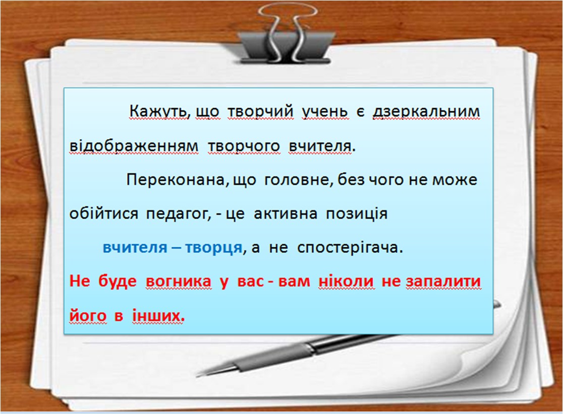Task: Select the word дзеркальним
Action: pyautogui.click(x=426, y=111)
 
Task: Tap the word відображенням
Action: pyautogui.click(x=134, y=146)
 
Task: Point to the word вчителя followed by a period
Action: pyautogui.click(x=322, y=146)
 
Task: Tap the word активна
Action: pyautogui.click(x=286, y=214)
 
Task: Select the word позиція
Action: pyautogui.click(x=357, y=214)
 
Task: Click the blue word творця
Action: pyautogui.click(x=213, y=248)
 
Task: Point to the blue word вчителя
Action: pyautogui.click(x=135, y=248)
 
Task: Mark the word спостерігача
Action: pyautogui.click(x=350, y=248)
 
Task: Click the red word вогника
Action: pyautogui.click(x=179, y=282)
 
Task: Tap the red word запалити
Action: pyautogui.click(x=443, y=282)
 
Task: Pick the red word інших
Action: pyautogui.click(x=158, y=316)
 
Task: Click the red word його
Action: pyautogui.click(x=88, y=316)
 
